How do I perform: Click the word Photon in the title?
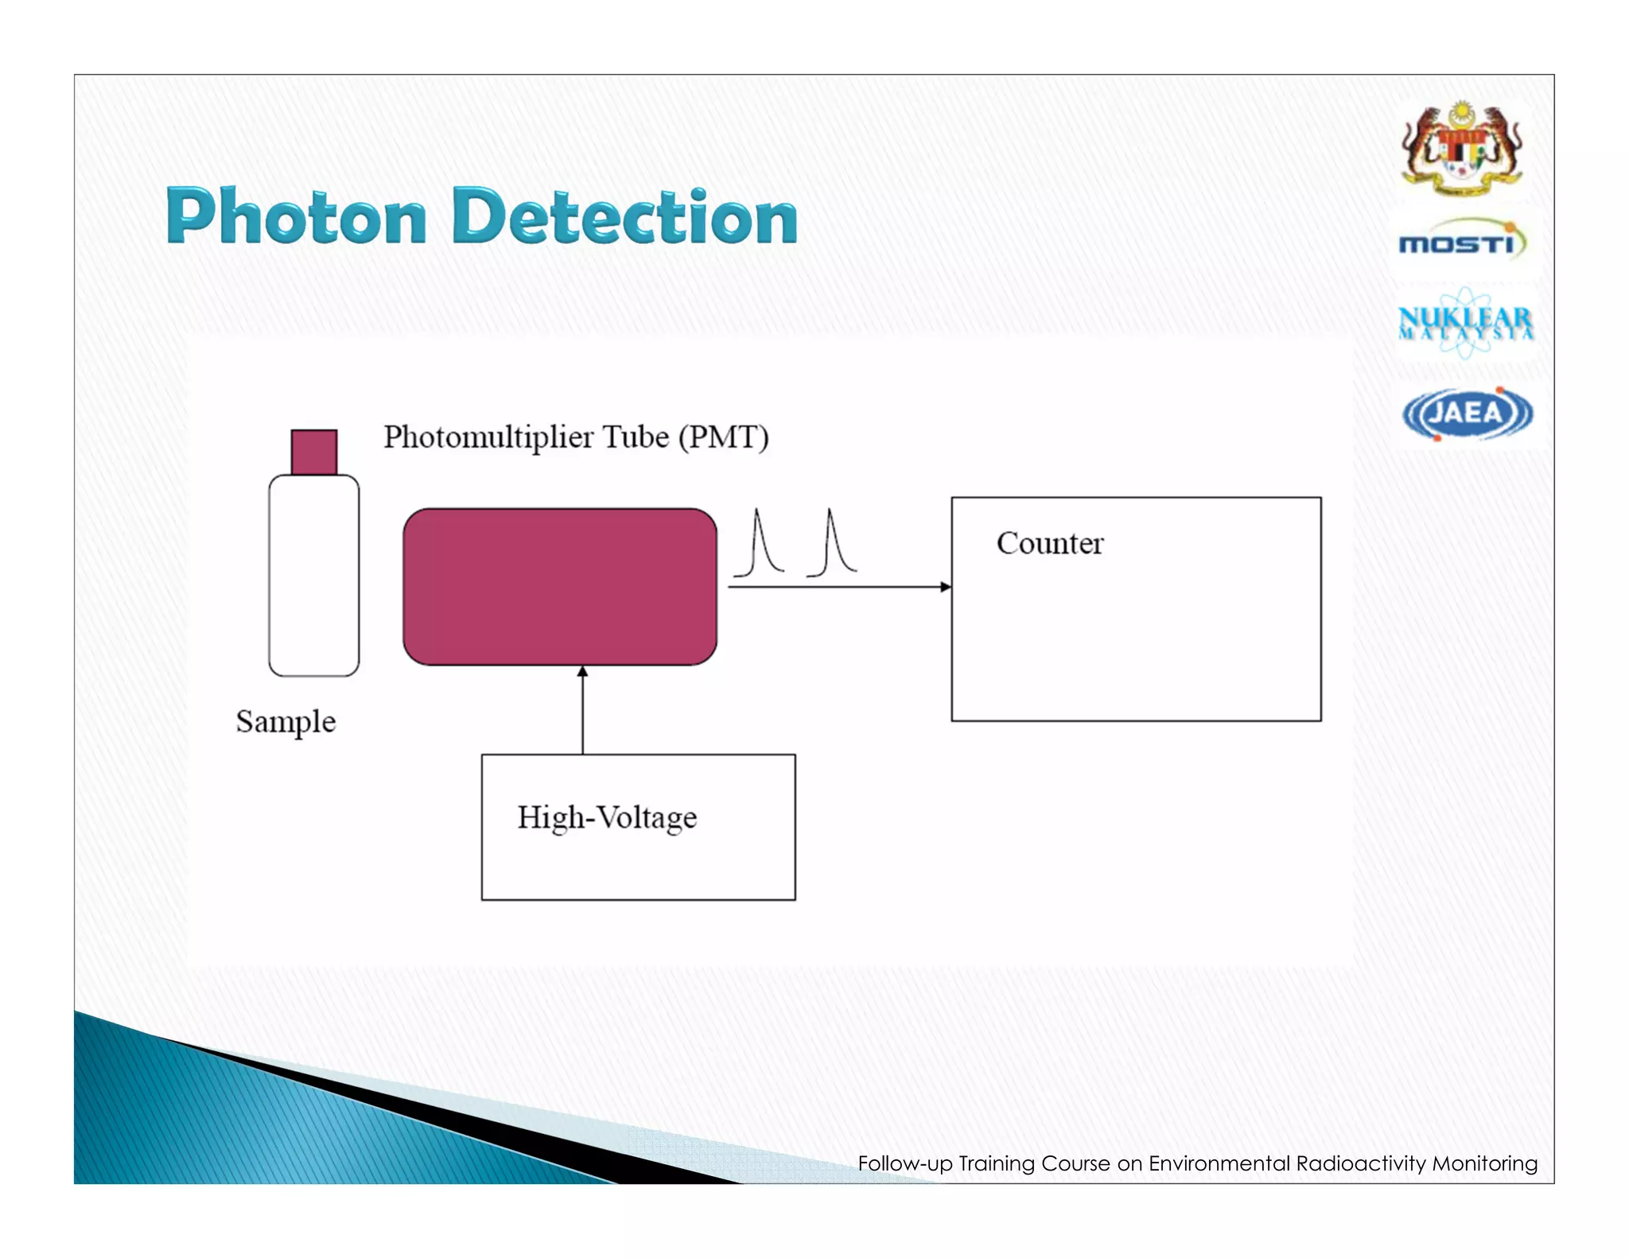click(296, 216)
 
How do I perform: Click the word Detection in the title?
click(624, 216)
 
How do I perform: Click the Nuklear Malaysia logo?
click(1465, 323)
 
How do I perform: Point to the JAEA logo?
click(1467, 414)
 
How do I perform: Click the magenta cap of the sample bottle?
click(313, 452)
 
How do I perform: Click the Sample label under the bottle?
click(286, 722)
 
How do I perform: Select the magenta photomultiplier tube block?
click(560, 587)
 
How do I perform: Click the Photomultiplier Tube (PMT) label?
click(576, 437)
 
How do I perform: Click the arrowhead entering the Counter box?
click(945, 587)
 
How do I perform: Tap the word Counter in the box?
click(1050, 544)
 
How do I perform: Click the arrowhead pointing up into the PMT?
click(582, 673)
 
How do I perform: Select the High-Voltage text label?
click(607, 817)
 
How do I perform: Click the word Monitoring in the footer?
click(1484, 1164)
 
